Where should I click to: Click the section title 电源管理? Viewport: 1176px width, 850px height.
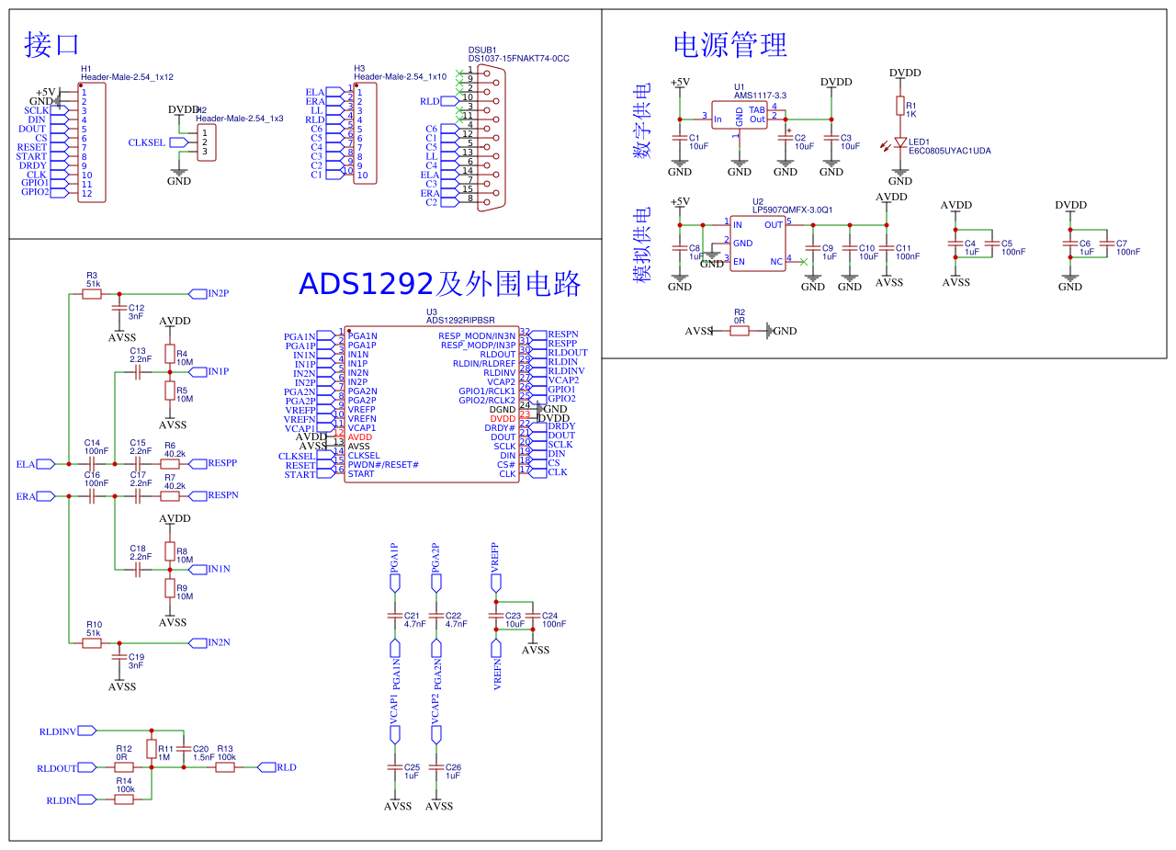[729, 44]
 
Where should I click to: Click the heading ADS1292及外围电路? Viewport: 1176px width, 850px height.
[439, 284]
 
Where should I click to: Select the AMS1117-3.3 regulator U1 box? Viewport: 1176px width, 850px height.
[740, 115]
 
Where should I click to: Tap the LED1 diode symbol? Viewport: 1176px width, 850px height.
[900, 143]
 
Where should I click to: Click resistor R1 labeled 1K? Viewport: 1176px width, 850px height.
[900, 105]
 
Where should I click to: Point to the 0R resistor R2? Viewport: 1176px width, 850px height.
[740, 331]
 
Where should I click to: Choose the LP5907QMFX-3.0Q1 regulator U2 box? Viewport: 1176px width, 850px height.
[758, 243]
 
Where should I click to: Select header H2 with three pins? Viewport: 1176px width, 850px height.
[206, 142]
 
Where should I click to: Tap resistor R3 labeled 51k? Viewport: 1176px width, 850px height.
[92, 294]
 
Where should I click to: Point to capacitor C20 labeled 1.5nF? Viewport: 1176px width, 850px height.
[184, 749]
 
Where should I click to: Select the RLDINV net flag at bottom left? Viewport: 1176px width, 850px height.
[62, 731]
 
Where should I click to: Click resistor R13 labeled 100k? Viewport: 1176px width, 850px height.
[225, 767]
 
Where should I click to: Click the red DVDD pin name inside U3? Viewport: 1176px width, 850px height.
[503, 419]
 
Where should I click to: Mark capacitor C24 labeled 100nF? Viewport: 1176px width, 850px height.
[536, 616]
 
